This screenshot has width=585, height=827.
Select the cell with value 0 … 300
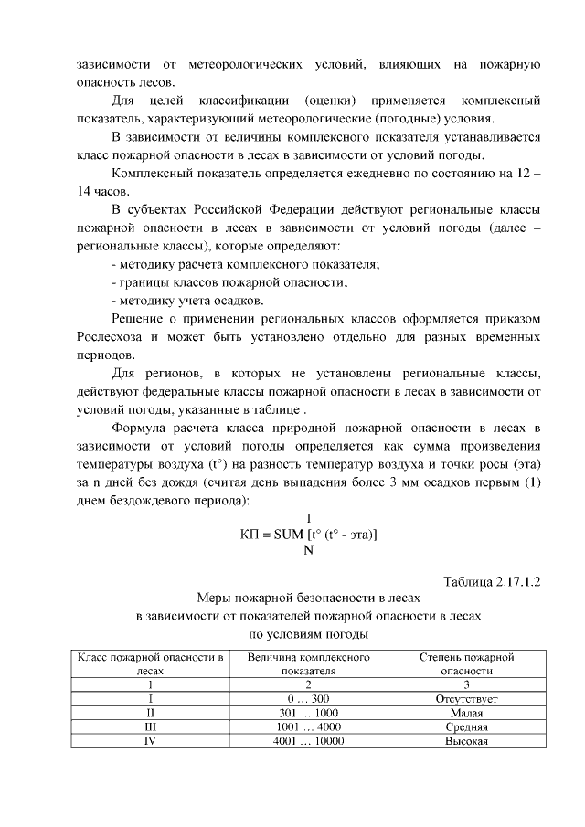[308, 699]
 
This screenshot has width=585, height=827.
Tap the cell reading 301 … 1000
[308, 713]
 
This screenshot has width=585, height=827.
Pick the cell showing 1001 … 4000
[308, 727]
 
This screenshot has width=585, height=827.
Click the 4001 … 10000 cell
[308, 741]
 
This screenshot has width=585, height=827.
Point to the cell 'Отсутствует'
[466, 699]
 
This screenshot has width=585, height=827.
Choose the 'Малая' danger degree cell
[466, 713]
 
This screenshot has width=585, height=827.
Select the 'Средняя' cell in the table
[466, 727]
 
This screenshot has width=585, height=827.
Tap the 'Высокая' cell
[466, 741]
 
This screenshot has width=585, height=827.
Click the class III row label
[149, 727]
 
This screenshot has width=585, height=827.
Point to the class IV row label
[149, 741]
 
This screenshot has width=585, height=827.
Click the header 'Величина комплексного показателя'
[308, 663]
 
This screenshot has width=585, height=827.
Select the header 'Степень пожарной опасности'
[466, 663]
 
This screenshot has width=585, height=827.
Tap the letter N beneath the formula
[308, 550]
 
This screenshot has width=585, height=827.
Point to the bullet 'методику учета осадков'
[187, 300]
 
